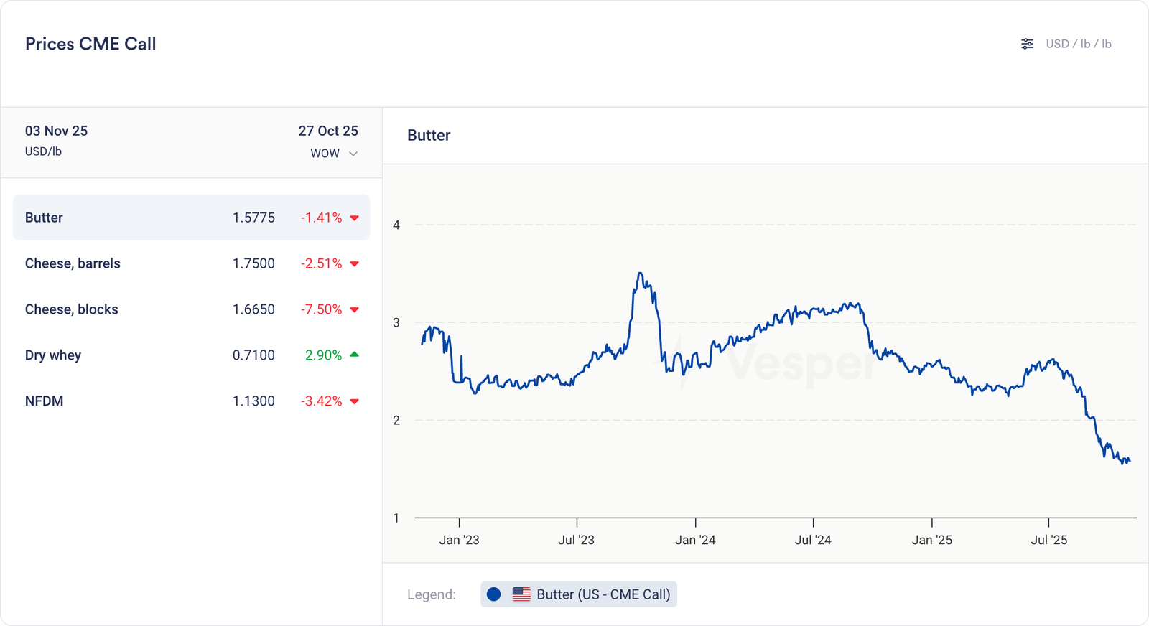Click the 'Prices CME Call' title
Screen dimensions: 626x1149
[x=90, y=44]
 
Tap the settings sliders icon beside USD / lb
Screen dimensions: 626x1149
[x=1027, y=44]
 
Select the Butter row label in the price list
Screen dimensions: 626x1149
[x=44, y=218]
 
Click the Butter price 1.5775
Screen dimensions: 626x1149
[x=253, y=218]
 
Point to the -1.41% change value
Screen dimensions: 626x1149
[x=321, y=218]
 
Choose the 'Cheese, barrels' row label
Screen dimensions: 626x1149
[x=73, y=263]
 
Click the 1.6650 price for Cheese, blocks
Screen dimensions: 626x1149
[x=253, y=309]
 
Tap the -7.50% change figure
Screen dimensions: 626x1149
[x=321, y=309]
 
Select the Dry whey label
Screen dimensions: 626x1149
[x=53, y=355]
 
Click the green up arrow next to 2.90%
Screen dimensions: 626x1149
[x=354, y=355]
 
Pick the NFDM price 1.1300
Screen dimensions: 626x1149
[x=253, y=401]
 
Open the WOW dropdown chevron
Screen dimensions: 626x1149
[x=353, y=154]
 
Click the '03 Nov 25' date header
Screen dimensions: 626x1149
[x=56, y=131]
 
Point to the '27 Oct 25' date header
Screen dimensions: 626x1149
[x=328, y=131]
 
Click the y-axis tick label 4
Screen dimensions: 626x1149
[x=396, y=225]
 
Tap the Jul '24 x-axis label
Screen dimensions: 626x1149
[x=813, y=540]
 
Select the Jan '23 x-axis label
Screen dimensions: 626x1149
[x=459, y=540]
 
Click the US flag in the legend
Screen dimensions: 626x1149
[x=521, y=594]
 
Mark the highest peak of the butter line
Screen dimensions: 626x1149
[x=640, y=274]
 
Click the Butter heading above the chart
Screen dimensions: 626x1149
[x=429, y=136]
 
